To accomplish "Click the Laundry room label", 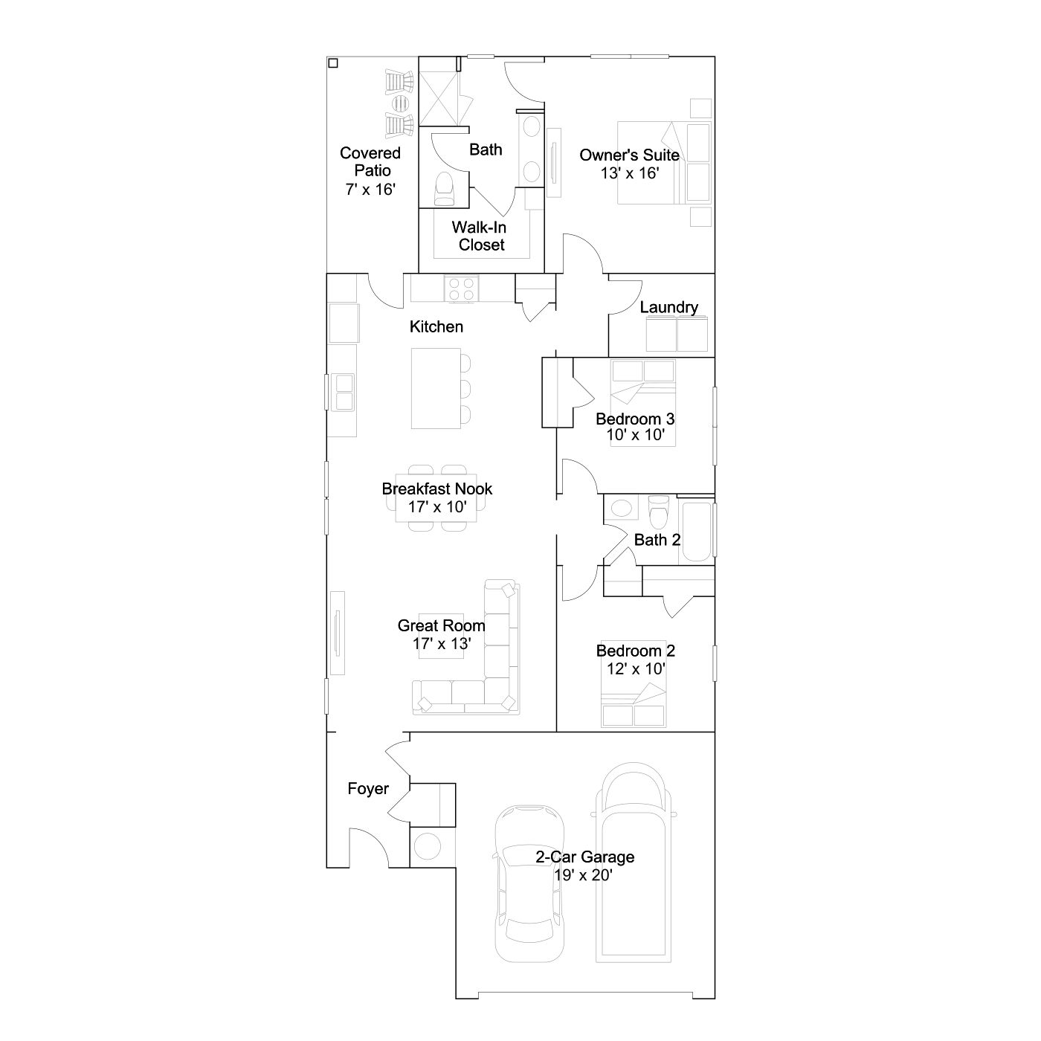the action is (x=668, y=307).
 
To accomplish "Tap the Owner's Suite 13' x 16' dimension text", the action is (x=629, y=173).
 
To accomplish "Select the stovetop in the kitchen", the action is (x=461, y=289).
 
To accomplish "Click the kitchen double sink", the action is (x=344, y=392).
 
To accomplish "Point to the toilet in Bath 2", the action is (x=658, y=511).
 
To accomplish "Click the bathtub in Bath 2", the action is (x=697, y=532).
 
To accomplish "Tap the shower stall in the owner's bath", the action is (x=439, y=98).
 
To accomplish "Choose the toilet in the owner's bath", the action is (x=445, y=189).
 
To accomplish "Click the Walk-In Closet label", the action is (x=480, y=236).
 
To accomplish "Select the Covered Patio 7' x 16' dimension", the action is (x=370, y=190).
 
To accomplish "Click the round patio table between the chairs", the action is (x=400, y=102).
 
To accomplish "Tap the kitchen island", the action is (x=436, y=388).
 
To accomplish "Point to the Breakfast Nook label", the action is (x=437, y=489).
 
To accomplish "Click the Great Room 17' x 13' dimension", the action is (x=442, y=644).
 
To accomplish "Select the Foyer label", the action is (x=368, y=789).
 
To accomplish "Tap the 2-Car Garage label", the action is (x=585, y=857).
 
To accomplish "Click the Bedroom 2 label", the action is (x=635, y=651).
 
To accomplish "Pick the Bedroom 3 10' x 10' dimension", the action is (x=635, y=435).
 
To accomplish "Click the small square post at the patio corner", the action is (x=333, y=63).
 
